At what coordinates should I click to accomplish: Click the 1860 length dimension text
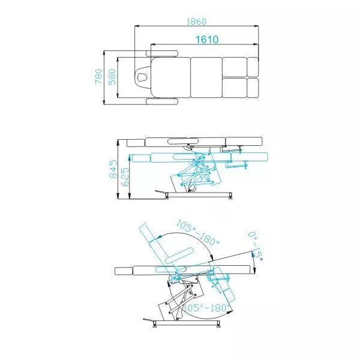(196, 22)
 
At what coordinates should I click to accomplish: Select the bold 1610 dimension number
(207, 40)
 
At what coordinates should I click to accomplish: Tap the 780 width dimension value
(99, 76)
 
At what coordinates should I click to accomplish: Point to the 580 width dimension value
(112, 77)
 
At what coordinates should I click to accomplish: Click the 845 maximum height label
(113, 169)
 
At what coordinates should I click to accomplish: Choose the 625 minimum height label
(125, 177)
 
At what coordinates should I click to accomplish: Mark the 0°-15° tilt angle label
(256, 246)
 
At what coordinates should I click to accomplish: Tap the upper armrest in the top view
(162, 53)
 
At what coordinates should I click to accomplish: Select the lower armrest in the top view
(162, 101)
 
